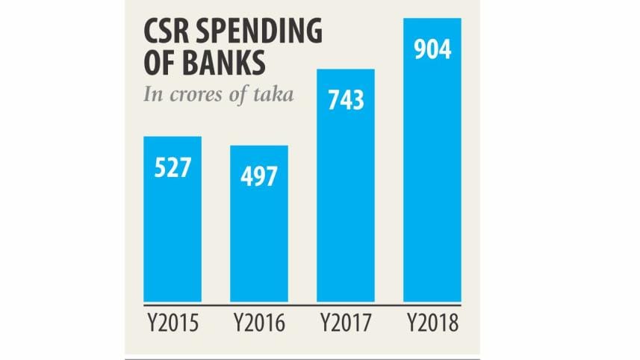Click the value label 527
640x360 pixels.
click(173, 168)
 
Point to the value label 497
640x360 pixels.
click(259, 177)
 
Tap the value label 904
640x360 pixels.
click(432, 51)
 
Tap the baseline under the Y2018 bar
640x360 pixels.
click(432, 305)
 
